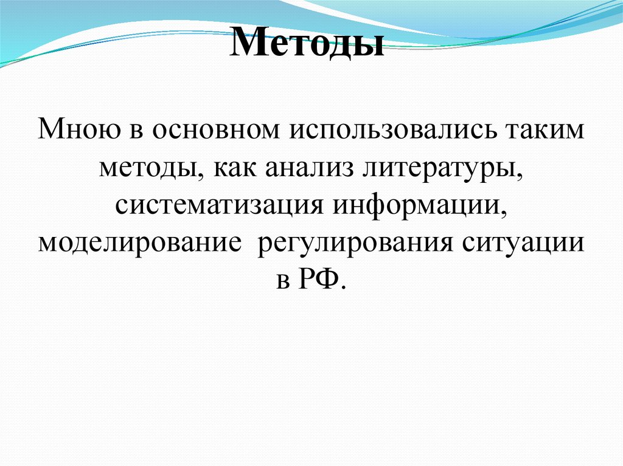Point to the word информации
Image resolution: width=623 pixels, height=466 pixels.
click(417, 205)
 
